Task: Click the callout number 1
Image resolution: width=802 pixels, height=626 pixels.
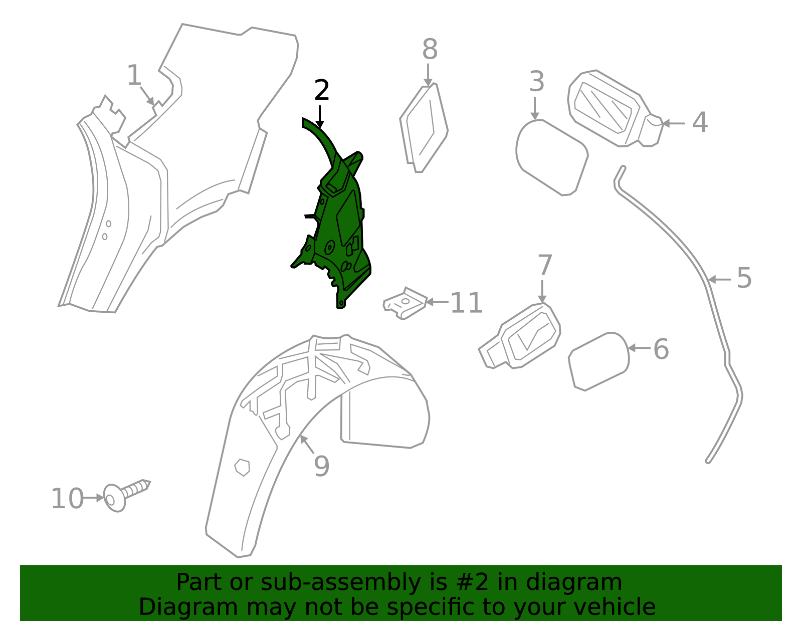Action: (134, 75)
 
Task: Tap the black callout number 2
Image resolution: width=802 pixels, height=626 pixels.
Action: (321, 90)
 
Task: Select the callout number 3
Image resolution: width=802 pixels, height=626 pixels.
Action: (537, 82)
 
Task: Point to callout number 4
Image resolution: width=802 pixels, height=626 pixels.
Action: (700, 122)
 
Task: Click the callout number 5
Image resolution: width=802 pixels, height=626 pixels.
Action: (744, 278)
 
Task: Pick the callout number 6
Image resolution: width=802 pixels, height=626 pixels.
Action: (661, 349)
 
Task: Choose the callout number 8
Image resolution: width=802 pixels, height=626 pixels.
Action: (430, 49)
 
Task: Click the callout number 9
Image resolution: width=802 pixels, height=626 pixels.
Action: (321, 467)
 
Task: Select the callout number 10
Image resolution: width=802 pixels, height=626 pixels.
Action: (68, 499)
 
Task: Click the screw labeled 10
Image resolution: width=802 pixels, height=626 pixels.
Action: (126, 495)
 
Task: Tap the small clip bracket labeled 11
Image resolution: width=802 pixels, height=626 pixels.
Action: (405, 303)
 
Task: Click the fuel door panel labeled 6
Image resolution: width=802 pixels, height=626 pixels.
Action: (598, 361)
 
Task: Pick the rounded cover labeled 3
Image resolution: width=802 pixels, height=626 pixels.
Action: (552, 157)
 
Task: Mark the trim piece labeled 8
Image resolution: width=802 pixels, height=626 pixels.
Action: (424, 128)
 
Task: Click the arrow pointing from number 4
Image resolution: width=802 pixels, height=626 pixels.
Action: (673, 123)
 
